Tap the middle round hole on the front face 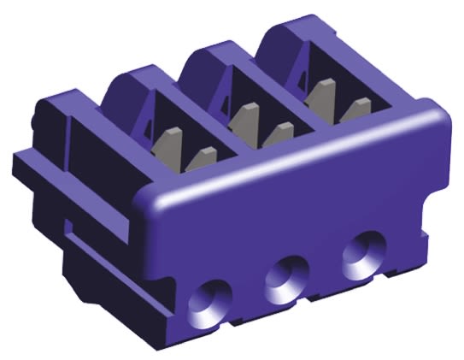(x=285, y=279)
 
